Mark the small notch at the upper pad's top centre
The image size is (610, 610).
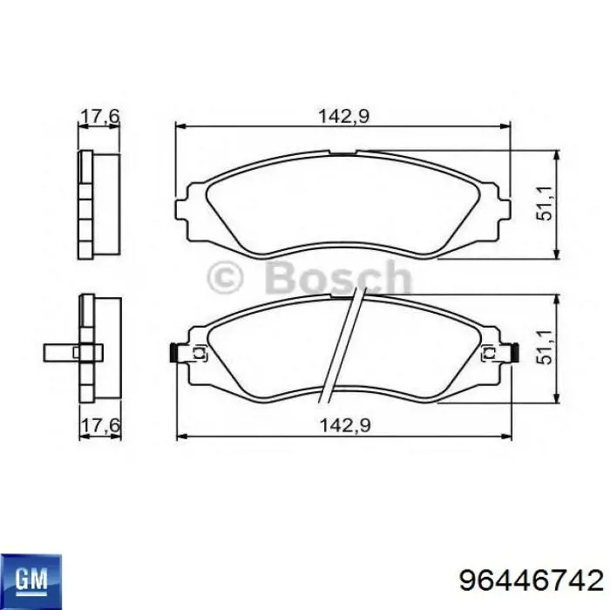point(342,155)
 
